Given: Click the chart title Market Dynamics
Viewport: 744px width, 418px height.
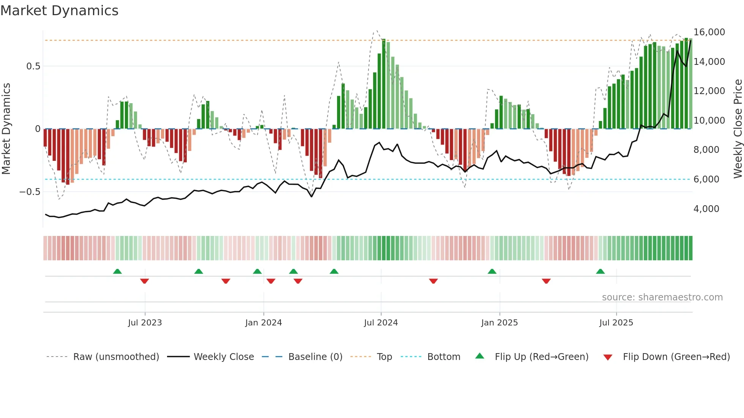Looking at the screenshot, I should coord(59,11).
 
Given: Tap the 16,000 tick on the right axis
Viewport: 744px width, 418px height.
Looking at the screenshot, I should coord(709,32).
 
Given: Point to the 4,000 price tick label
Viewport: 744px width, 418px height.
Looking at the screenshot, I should coord(706,209).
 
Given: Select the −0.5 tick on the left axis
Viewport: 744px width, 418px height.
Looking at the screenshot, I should coord(30,192).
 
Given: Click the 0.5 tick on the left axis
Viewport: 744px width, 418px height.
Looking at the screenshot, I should coord(33,66).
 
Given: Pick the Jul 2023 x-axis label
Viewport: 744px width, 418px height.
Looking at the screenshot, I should coord(145,323).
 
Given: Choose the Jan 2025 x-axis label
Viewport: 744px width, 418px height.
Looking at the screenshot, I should coord(499,323).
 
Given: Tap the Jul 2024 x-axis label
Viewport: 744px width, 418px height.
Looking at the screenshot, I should coord(381,323).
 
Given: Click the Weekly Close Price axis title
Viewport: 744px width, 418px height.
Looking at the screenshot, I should coord(738,129).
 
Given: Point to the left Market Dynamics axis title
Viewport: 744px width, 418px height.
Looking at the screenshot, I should coord(6,129).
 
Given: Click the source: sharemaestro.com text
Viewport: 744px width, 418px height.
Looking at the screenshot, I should coord(662,297).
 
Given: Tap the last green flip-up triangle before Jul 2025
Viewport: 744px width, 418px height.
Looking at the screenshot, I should coord(600,272).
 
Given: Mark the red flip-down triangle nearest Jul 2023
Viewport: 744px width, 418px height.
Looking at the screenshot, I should coord(144,281).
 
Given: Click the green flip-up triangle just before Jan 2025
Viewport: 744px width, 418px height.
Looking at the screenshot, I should coord(492,272).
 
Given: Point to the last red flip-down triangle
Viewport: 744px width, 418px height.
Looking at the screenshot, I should coord(546,281).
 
